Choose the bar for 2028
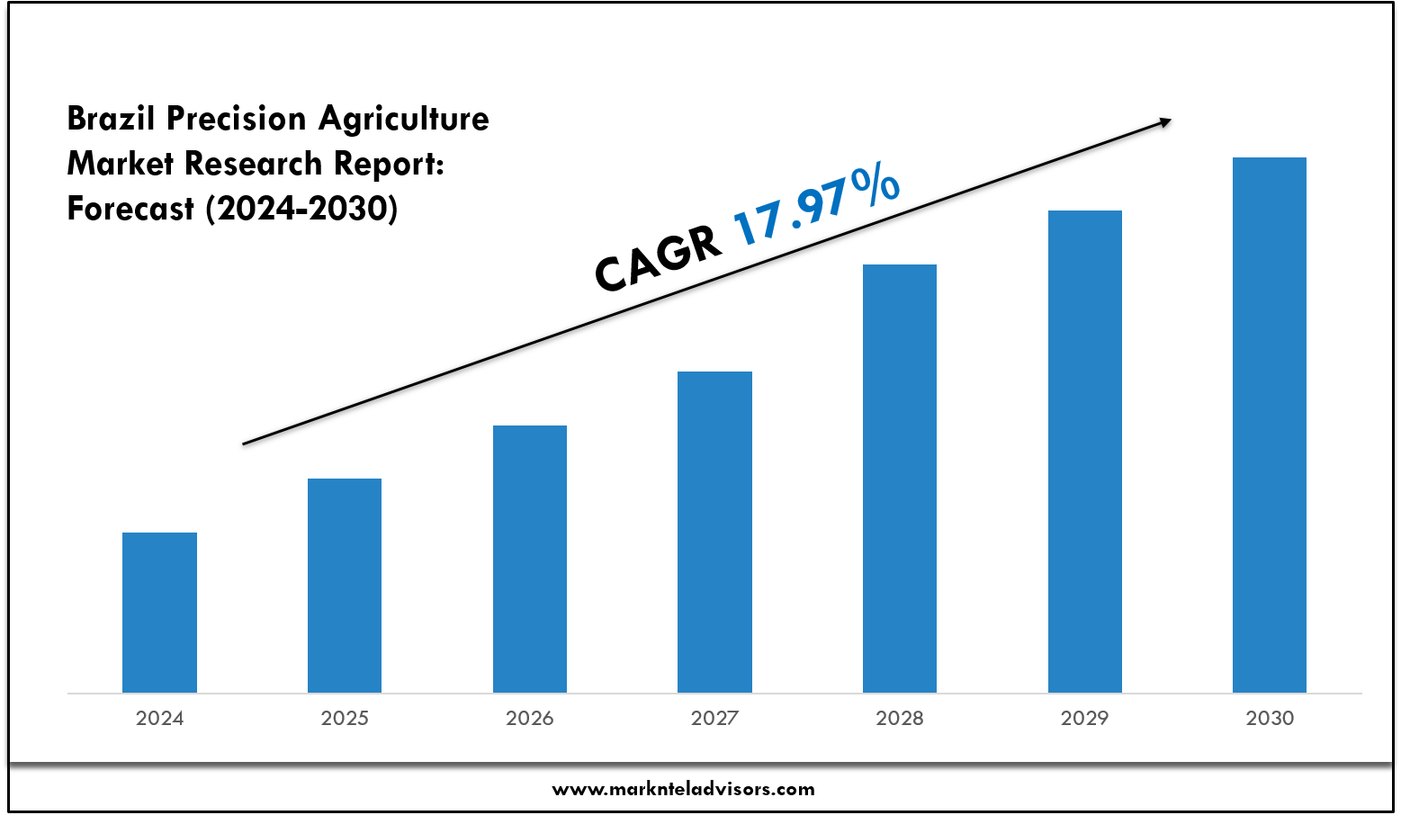(900, 478)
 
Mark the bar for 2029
(1085, 451)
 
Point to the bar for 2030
(1270, 425)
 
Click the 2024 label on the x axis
(159, 718)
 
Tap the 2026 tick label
(530, 718)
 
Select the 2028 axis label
(900, 718)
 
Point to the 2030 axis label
(1270, 718)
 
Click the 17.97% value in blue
(815, 206)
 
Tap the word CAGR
(658, 259)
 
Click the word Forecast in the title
(130, 209)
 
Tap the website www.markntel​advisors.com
(683, 790)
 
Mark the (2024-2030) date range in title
(301, 209)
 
